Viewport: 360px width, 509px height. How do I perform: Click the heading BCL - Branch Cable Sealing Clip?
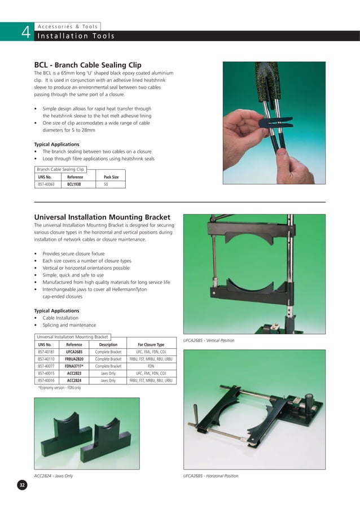pos(88,65)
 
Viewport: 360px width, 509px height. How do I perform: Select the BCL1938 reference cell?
pos(74,184)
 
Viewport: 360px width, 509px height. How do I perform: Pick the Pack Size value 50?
pos(106,184)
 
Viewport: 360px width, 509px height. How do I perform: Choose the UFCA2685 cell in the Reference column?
pos(74,352)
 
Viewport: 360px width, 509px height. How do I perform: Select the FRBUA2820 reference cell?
pos(74,359)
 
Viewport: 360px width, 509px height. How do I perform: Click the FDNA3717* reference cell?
pos(74,366)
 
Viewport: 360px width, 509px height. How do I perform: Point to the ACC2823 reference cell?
pos(74,374)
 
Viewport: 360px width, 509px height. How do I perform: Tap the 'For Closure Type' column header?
pos(151,344)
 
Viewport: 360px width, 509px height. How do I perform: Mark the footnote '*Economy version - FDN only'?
pos(59,388)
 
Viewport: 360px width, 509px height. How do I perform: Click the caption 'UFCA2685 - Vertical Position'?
pos(209,340)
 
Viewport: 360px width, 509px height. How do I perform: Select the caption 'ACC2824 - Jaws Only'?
pos(54,476)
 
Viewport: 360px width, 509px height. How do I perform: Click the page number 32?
pos(22,486)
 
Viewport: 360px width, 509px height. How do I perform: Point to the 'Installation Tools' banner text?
pos(76,37)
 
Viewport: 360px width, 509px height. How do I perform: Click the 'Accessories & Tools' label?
pos(67,26)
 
